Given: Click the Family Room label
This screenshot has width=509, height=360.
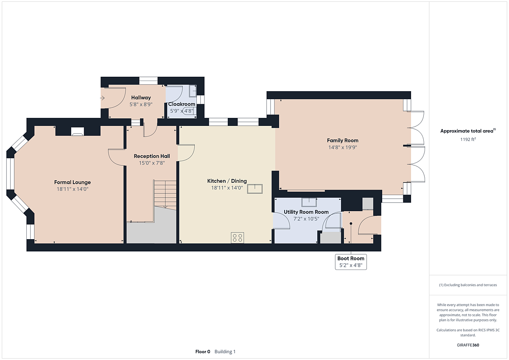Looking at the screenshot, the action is tap(343, 140).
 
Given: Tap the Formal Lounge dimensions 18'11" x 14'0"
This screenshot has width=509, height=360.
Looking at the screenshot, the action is tap(73, 189).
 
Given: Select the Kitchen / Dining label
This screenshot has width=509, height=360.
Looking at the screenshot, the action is tap(227, 181).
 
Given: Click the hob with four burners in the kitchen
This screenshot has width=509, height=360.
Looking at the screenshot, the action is tap(238, 237).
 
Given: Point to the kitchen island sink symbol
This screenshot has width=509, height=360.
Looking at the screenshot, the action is tap(255, 189).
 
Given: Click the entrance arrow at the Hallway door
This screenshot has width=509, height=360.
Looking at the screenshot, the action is tap(102, 98).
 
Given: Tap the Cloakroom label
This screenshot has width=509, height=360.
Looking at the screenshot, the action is tap(182, 104).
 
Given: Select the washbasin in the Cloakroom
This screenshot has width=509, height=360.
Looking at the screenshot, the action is tap(193, 91).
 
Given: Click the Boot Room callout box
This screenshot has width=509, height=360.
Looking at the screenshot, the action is tap(351, 262).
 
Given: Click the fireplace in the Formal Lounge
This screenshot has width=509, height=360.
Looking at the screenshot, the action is tap(78, 131).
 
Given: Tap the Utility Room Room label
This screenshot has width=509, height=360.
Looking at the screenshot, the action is tap(306, 212).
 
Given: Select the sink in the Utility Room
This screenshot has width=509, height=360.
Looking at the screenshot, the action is tap(309, 202).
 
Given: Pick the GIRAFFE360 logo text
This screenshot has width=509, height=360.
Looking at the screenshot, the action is tap(468, 345).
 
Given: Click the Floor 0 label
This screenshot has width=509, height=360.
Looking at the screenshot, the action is tap(203, 352).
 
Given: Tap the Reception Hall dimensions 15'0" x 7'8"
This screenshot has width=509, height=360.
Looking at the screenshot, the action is tap(152, 163).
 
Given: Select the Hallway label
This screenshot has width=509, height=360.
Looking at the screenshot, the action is tap(141, 98).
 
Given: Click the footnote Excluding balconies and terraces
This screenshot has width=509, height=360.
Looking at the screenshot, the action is tap(468, 285).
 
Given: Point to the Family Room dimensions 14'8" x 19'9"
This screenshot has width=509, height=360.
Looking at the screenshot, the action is tap(343, 148).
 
